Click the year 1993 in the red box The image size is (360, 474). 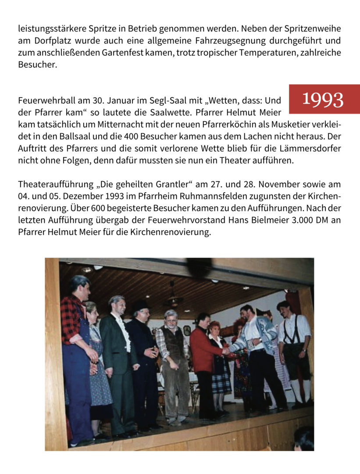coord(323,100)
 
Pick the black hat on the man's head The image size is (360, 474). coord(141,306)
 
